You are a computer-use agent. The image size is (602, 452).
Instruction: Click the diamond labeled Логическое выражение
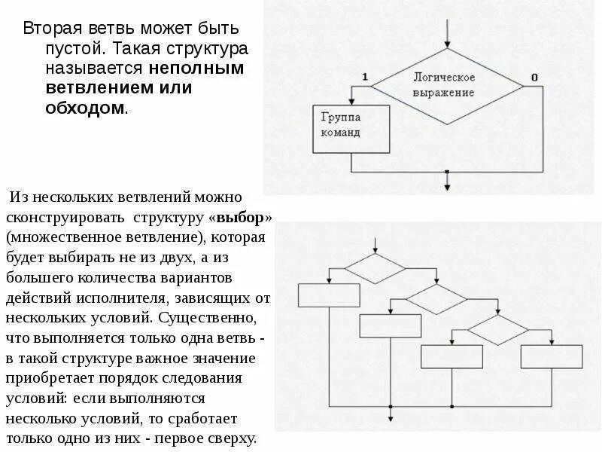coord(447,84)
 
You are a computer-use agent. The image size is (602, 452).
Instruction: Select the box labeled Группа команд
coord(351,129)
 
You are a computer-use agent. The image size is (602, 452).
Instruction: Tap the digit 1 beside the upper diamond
coord(365,77)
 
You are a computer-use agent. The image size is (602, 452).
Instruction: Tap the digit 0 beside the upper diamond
coord(534,77)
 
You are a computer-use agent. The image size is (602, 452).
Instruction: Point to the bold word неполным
coord(196,69)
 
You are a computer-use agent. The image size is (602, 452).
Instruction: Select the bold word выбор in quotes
coord(240,218)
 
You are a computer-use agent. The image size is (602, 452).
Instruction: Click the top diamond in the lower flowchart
coord(375,267)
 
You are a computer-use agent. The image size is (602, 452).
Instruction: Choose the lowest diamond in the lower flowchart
coord(497,329)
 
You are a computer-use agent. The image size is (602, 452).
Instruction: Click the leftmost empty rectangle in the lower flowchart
coord(329,295)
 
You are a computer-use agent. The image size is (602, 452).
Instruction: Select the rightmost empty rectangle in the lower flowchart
coord(552,356)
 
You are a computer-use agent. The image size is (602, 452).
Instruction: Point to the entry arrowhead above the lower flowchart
coord(375,249)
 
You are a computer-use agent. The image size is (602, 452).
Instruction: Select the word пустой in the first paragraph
coord(70,49)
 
